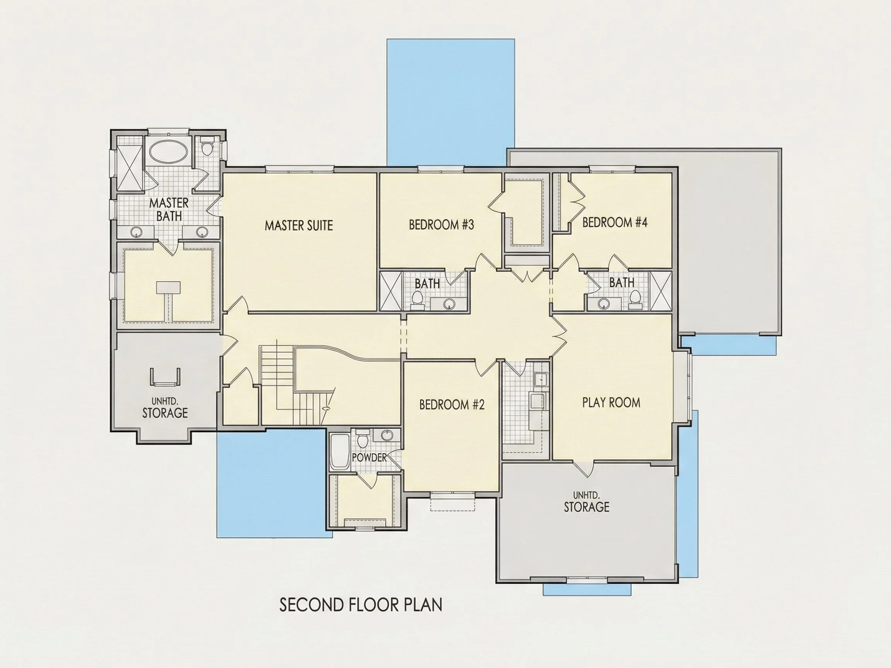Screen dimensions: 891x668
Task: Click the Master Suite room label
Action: click(x=299, y=225)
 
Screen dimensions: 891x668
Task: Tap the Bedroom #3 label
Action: click(x=442, y=225)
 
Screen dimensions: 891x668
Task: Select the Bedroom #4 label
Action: click(x=614, y=222)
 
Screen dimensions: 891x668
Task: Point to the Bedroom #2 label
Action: click(x=452, y=404)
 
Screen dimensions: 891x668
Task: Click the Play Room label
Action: click(x=611, y=403)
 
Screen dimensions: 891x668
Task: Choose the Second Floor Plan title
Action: click(x=361, y=605)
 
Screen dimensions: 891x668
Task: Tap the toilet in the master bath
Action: click(x=207, y=147)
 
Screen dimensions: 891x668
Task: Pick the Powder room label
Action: click(x=369, y=458)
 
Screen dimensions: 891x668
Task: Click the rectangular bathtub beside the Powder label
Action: click(x=339, y=452)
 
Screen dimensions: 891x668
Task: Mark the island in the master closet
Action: click(x=168, y=288)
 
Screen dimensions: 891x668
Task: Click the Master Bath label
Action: click(x=169, y=210)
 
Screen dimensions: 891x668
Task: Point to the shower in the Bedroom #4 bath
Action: click(x=661, y=291)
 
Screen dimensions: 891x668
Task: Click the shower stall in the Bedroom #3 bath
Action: click(x=391, y=291)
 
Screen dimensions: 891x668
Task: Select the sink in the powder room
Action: click(x=387, y=435)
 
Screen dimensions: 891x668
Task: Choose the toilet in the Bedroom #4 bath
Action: click(x=635, y=298)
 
